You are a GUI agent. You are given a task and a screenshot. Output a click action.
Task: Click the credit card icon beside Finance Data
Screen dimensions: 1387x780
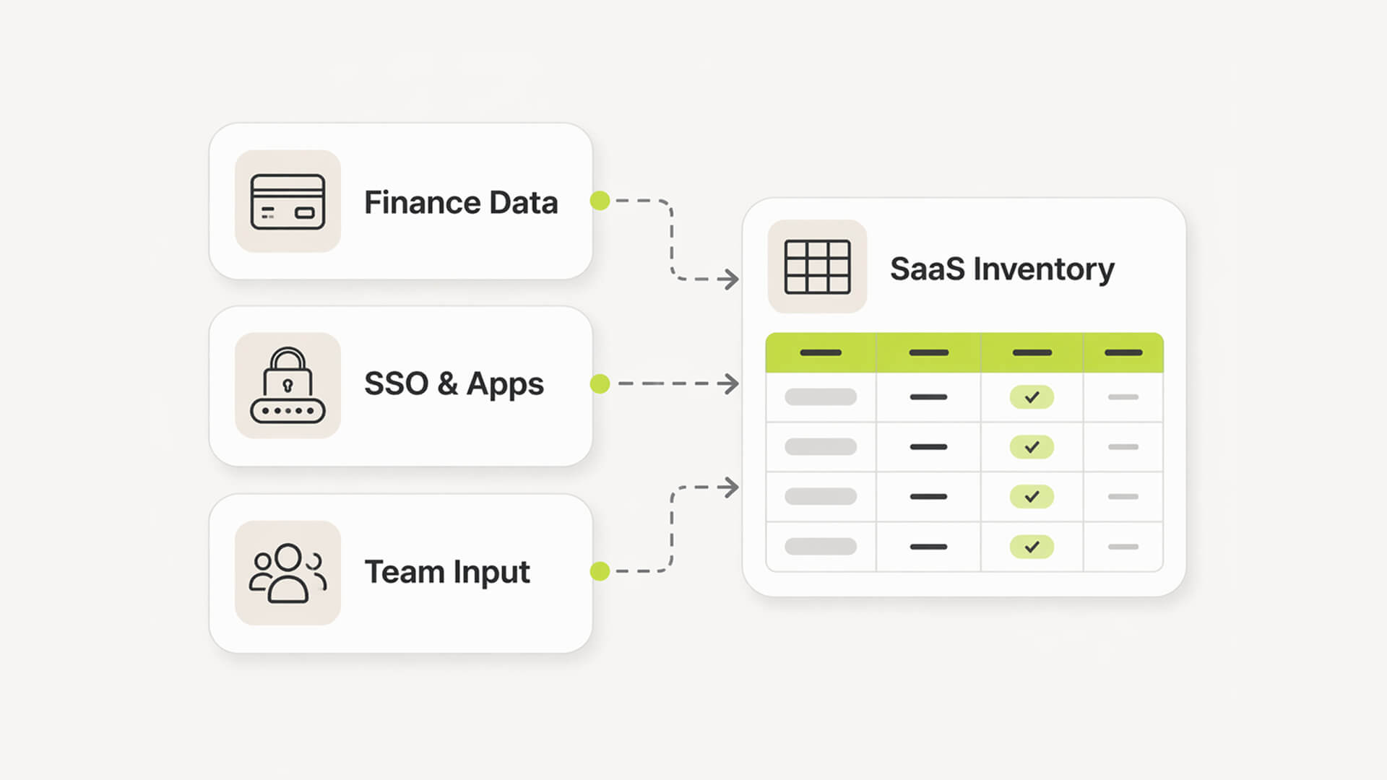point(288,201)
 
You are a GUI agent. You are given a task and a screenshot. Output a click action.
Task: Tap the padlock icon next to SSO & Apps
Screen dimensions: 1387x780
point(288,385)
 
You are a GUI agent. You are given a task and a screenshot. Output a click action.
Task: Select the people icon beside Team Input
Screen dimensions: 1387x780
point(288,573)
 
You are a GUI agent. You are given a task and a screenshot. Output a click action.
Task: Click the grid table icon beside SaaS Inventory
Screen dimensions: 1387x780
point(817,266)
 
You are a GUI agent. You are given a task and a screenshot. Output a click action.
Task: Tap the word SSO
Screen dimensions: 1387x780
point(396,383)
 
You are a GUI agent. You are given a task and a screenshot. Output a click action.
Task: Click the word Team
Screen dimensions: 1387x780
point(404,572)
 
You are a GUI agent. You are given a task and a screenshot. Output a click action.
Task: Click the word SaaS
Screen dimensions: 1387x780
point(927,269)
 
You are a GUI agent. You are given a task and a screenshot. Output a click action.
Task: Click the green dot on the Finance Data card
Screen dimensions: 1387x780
point(600,201)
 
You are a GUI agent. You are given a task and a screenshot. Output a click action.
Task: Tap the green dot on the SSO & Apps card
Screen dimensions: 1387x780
point(600,383)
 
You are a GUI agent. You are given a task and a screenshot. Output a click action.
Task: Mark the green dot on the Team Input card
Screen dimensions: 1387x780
point(600,571)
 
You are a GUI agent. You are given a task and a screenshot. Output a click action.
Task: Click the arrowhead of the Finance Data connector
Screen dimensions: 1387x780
point(731,279)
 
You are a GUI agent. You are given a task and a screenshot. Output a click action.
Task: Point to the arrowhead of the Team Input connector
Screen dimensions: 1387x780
point(731,487)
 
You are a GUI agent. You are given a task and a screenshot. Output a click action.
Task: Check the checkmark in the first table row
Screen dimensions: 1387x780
point(1032,397)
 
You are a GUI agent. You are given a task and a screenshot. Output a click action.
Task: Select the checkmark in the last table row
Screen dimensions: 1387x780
point(1032,547)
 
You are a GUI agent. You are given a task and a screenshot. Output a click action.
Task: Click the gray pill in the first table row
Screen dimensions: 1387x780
point(821,397)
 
